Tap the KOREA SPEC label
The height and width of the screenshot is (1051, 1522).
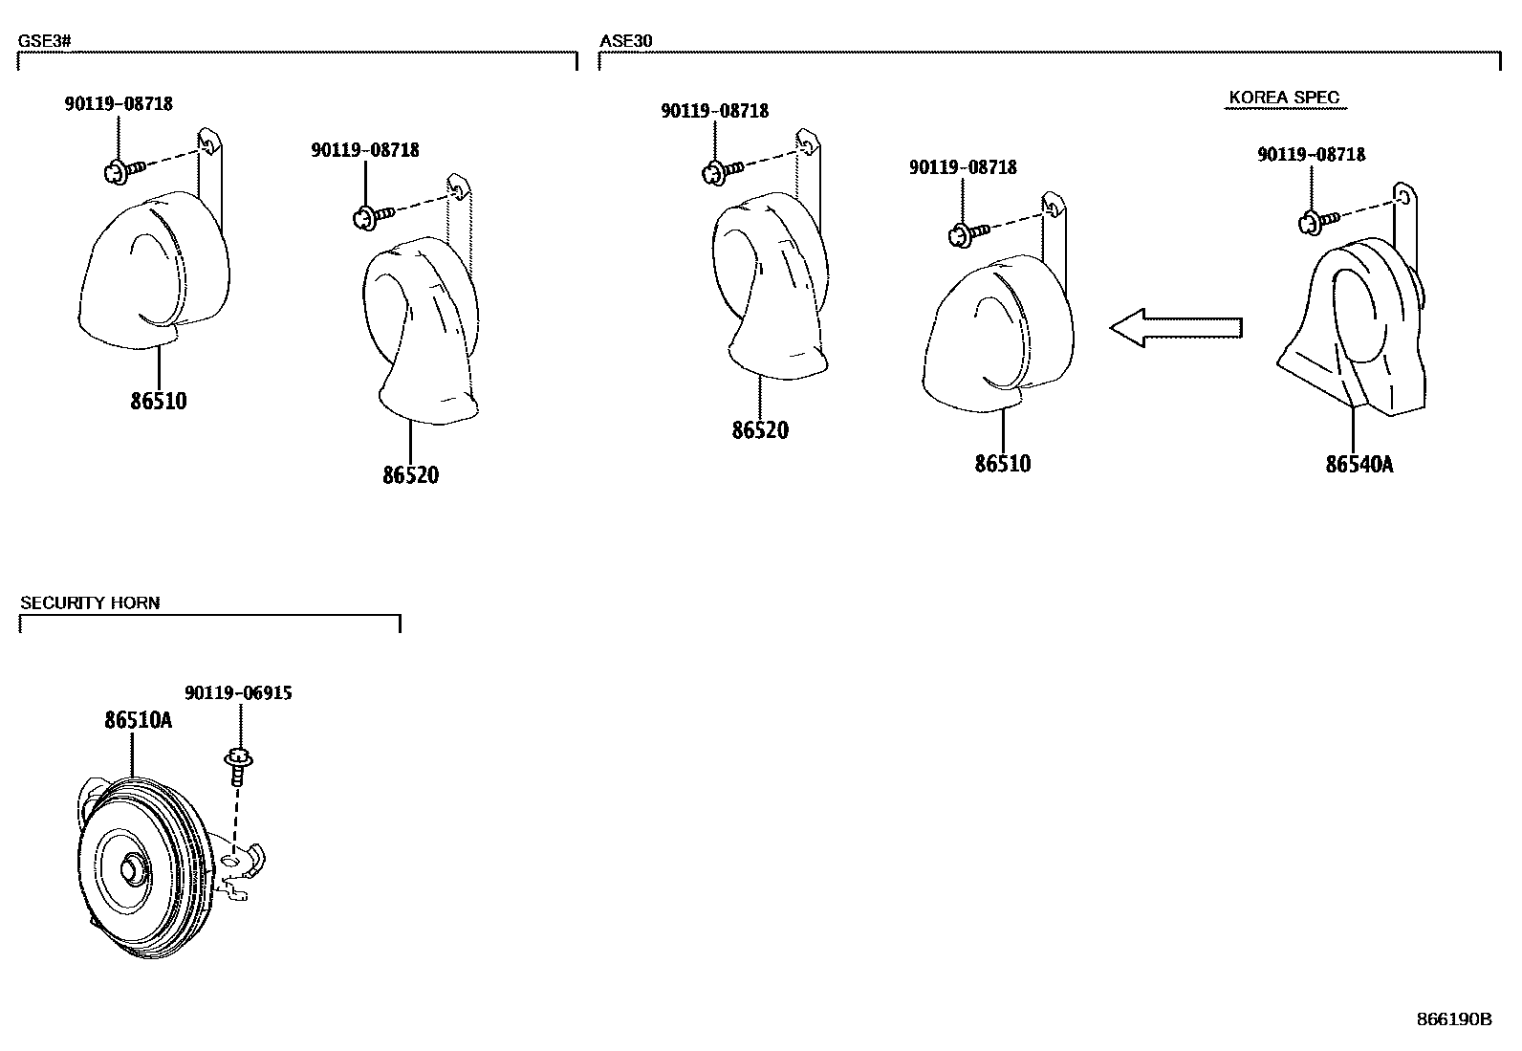[x=1284, y=98]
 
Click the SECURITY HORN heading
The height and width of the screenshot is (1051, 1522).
[x=90, y=602]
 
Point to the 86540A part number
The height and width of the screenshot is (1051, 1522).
[x=1359, y=465]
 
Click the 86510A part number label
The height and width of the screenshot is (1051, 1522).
[x=139, y=720]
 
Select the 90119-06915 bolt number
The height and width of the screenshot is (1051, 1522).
[x=238, y=693]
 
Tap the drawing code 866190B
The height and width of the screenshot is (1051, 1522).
[x=1453, y=1019]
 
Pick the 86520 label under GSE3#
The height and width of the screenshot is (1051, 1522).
[x=410, y=474]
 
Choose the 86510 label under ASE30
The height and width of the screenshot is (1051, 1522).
[x=1003, y=464]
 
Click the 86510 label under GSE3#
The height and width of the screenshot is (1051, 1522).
[x=159, y=401]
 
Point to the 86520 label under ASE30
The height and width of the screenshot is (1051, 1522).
[x=760, y=430]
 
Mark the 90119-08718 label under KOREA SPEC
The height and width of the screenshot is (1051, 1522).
[x=1311, y=154]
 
